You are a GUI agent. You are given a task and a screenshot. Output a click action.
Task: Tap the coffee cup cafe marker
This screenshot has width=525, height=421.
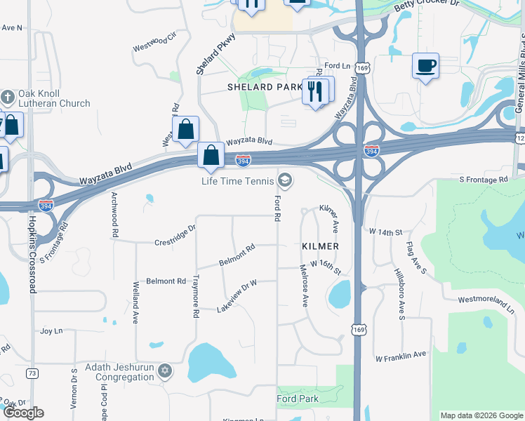tap(425, 67)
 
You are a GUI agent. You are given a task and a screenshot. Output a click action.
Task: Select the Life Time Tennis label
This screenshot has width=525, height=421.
tap(238, 181)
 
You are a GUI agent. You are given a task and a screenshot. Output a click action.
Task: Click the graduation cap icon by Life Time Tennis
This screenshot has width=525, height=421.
tap(284, 181)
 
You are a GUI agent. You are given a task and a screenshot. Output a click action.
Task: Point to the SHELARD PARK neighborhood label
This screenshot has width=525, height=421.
tap(265, 87)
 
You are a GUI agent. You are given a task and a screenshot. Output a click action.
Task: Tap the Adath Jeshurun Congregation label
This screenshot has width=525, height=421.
tap(119, 372)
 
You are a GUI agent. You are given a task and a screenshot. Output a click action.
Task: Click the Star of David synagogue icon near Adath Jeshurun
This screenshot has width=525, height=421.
tap(165, 370)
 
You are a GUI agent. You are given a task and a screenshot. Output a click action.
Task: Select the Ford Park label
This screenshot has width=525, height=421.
tap(298, 399)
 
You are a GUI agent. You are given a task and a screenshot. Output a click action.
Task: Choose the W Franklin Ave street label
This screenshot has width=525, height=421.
tap(401, 357)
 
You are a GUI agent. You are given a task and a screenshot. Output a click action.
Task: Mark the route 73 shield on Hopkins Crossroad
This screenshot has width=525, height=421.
tap(32, 373)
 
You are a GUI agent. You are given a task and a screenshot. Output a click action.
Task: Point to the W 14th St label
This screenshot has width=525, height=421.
tap(385, 231)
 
